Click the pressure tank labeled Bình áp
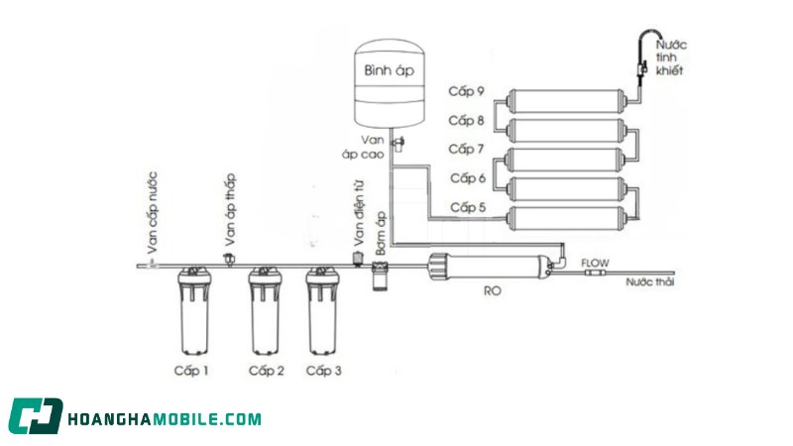click(x=389, y=84)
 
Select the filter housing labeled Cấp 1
click(x=194, y=311)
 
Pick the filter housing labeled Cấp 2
click(x=266, y=311)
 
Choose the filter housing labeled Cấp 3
click(x=323, y=311)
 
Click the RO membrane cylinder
click(x=490, y=267)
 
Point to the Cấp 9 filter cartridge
click(x=566, y=101)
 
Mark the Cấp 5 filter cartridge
click(x=566, y=218)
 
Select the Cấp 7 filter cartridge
click(x=566, y=160)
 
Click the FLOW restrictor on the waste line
click(x=594, y=274)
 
